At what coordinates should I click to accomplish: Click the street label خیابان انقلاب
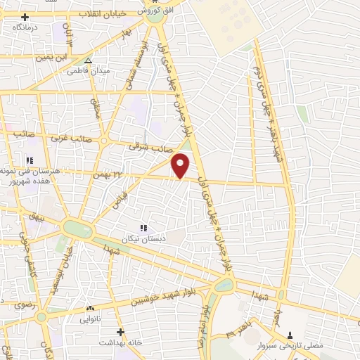coord(101,13)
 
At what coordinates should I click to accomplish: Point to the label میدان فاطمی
coord(87,71)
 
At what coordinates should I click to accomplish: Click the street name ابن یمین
coord(75,54)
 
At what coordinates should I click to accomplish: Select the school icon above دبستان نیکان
coord(144,228)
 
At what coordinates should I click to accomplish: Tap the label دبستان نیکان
coord(143,238)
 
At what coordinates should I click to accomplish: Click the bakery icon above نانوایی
coord(89,308)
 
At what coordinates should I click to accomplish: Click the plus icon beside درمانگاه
coord(26,17)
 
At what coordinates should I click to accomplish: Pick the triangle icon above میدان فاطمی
coord(88,61)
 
